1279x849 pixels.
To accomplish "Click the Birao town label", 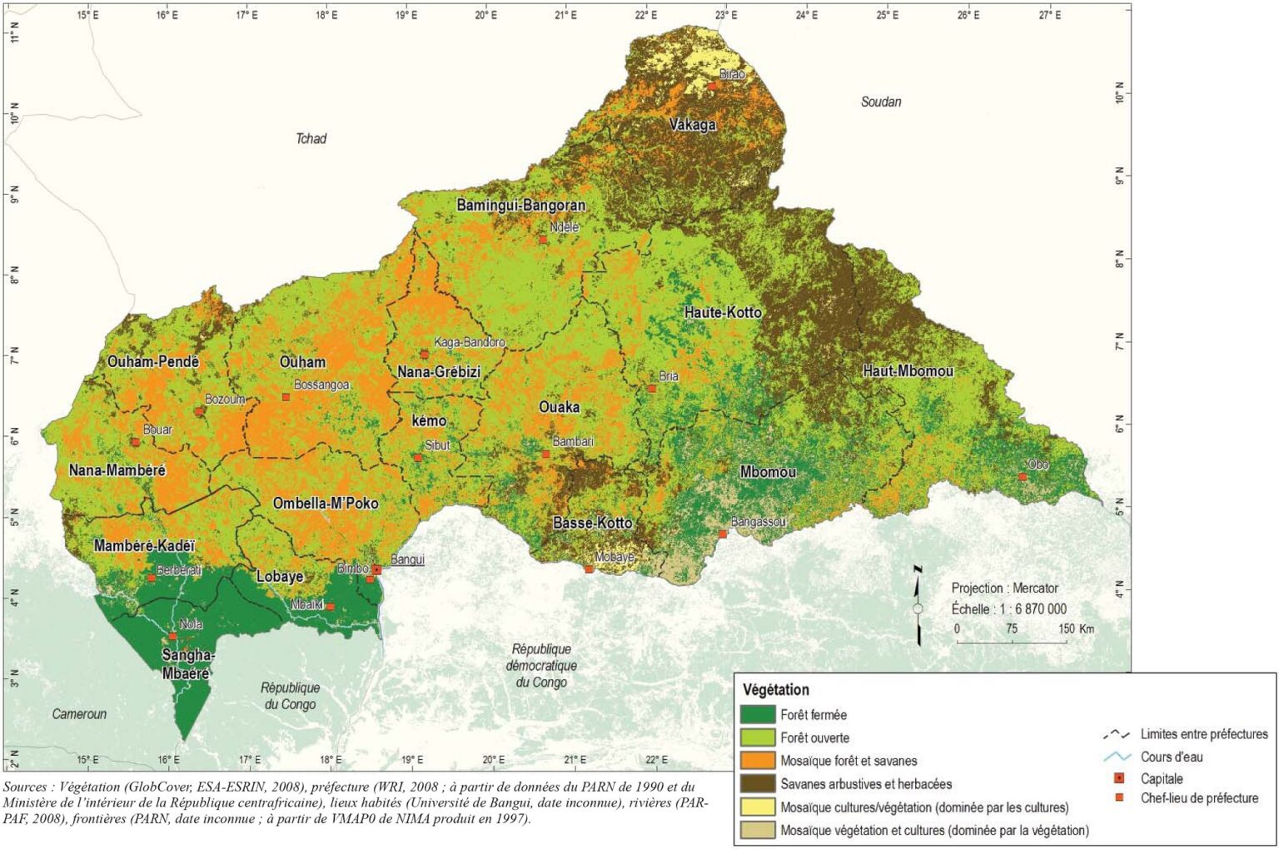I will pos(732,74).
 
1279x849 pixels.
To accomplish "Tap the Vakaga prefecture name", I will pos(693,125).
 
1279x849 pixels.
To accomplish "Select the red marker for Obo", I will pos(1023,476).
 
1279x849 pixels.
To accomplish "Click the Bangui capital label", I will pos(407,559).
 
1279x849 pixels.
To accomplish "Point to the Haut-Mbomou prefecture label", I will pos(908,370).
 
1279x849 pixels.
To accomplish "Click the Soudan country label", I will pos(880,102).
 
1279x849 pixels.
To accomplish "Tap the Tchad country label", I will pos(311,138).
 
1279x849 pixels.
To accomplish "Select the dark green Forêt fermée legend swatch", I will pos(757,714).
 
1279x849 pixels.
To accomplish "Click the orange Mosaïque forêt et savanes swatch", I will pos(757,760).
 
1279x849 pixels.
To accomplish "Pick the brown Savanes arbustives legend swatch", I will pos(757,783).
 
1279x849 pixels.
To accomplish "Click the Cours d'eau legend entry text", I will pos(1172,757).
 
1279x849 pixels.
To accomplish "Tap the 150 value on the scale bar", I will pos(1067,628).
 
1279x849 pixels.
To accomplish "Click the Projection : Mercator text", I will pos(1004,588).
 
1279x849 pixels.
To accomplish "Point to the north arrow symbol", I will pos(918,606).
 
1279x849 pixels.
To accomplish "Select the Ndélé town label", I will pos(564,227).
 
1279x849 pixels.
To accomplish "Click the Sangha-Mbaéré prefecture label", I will pos(187,663).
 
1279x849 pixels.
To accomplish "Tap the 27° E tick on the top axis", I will pos(1050,14).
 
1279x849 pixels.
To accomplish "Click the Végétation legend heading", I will pos(775,689).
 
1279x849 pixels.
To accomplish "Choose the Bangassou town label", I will pos(758,522).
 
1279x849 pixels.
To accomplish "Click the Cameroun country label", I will pos(79,713).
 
